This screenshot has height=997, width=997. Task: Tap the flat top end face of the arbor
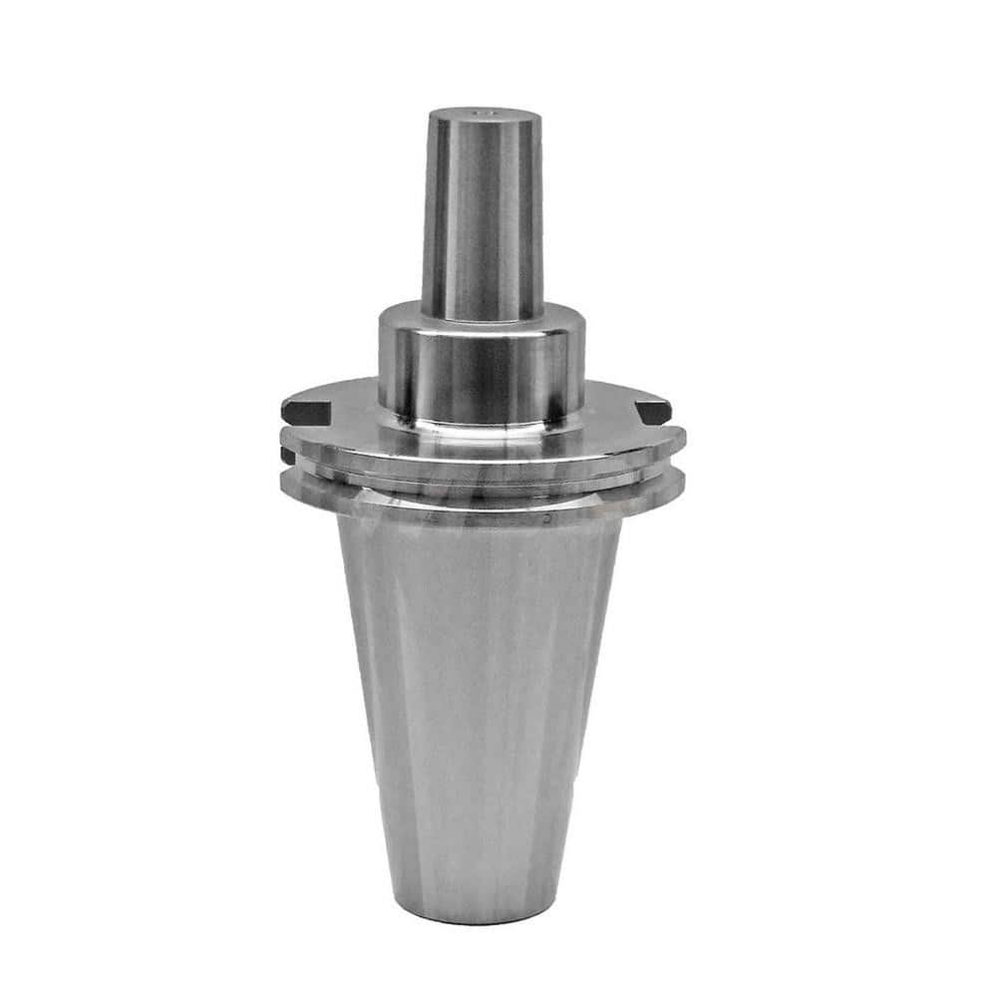coord(486,119)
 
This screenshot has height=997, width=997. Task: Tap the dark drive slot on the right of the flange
coord(654,410)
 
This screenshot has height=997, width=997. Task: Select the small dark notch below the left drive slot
coord(287,456)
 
